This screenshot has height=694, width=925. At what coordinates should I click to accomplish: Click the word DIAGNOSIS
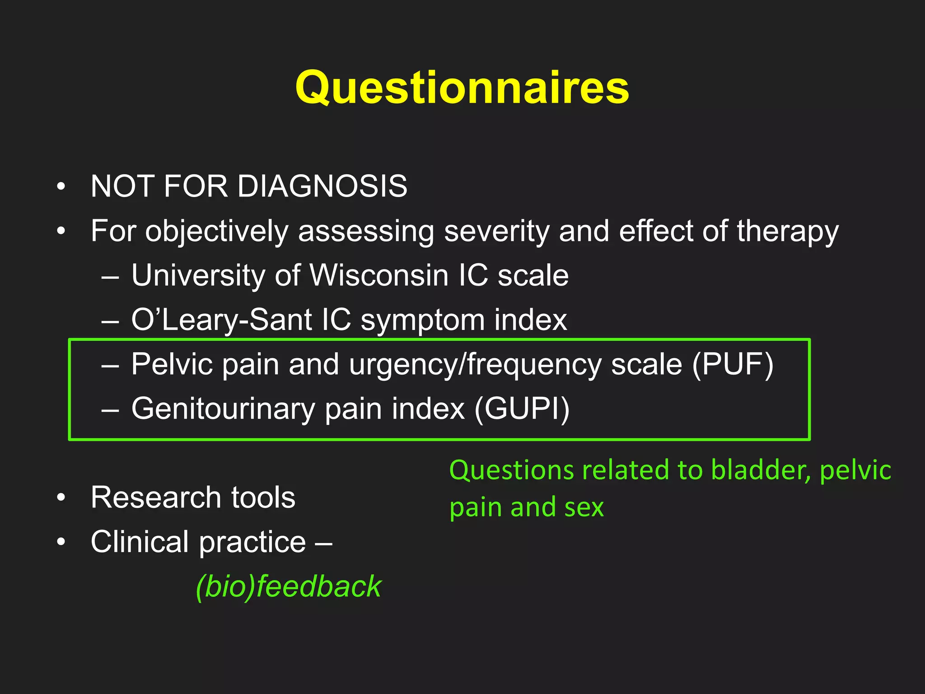(x=322, y=186)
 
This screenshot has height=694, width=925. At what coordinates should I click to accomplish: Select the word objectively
(x=216, y=231)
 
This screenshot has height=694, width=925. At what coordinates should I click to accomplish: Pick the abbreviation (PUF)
(x=733, y=364)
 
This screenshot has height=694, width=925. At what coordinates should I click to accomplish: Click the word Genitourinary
(x=223, y=408)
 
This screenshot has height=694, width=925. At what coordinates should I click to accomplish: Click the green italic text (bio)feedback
(x=289, y=586)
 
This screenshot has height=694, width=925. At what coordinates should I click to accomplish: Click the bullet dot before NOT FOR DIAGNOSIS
(x=61, y=187)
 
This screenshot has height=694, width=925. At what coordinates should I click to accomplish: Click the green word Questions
(x=511, y=470)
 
